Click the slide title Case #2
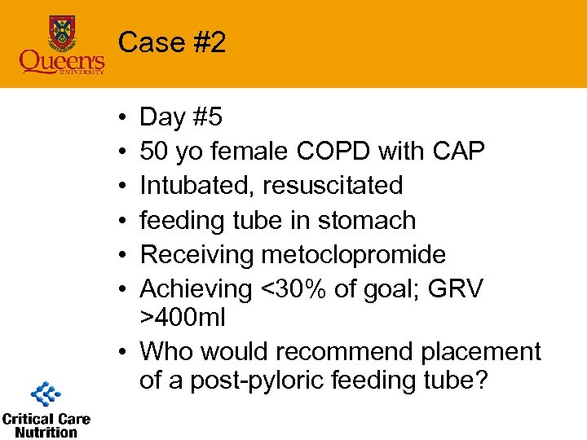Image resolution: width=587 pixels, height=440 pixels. tap(172, 42)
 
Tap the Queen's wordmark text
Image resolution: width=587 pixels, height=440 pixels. tap(61, 60)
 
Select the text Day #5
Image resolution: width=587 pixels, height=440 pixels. tap(180, 117)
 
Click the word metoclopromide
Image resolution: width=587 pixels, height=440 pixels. tap(353, 255)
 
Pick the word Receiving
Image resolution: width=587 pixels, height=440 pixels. tap(196, 255)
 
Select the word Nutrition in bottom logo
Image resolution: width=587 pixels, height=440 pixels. tap(46, 432)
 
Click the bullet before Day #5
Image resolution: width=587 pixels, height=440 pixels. tap(121, 118)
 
